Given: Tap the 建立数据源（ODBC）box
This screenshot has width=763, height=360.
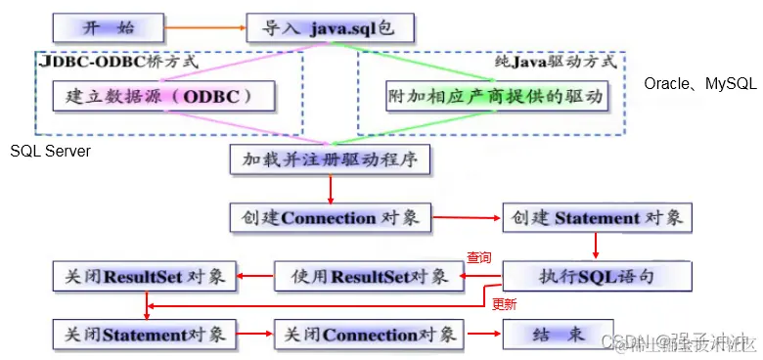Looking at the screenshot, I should click(162, 97).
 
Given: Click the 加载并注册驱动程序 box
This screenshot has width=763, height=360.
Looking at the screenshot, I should click(330, 157).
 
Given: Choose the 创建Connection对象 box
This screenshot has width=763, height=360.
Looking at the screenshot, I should click(330, 217).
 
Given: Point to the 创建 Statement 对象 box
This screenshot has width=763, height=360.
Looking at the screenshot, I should click(597, 217).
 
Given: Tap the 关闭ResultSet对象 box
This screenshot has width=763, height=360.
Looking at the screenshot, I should click(143, 276).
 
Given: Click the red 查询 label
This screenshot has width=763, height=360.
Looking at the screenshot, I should click(478, 258).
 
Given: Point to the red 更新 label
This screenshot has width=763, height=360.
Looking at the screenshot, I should click(504, 304).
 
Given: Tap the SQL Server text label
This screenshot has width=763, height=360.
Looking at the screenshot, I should click(51, 152).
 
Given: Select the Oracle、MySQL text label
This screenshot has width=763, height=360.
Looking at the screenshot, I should click(699, 84).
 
